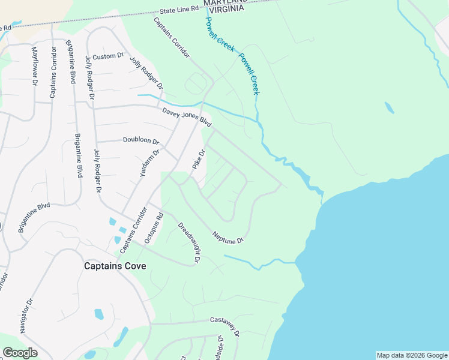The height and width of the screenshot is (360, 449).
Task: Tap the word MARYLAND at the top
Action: click(225, 2)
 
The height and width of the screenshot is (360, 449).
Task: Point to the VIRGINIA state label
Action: click(226, 10)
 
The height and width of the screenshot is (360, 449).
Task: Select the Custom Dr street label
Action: click(108, 56)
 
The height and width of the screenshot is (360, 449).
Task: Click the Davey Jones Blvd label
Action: click(187, 116)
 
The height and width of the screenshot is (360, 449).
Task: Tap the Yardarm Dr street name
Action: click(149, 163)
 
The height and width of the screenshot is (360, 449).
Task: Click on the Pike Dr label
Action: click(199, 159)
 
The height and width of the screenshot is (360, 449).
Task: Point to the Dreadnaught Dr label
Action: click(188, 242)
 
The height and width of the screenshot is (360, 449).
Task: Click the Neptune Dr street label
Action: click(229, 236)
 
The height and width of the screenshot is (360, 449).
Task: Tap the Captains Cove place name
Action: click(115, 266)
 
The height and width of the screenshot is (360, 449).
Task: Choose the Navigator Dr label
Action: click(25, 316)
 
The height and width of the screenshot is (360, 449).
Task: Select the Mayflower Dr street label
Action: click(34, 66)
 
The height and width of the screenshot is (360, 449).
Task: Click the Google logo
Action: click(20, 353)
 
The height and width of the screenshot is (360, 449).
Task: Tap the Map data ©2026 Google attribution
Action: click(412, 355)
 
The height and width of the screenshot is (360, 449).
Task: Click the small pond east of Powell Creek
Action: click(390, 107)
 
